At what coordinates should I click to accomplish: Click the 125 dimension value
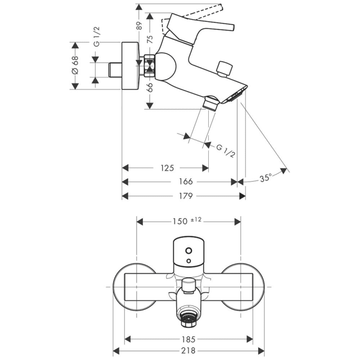167,168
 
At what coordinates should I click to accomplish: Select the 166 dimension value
186,182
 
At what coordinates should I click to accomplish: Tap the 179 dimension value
186,195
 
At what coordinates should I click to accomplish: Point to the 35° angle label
265,178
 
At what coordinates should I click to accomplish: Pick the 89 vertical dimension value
139,26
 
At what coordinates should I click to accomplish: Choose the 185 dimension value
189,339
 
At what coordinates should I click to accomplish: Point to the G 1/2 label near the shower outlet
226,151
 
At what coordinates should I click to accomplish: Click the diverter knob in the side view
224,68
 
